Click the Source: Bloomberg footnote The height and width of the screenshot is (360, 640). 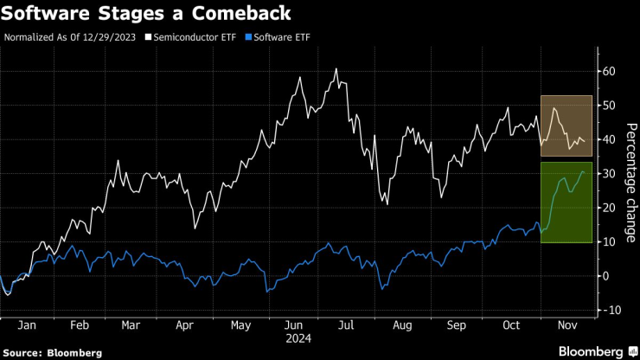pos(53,352)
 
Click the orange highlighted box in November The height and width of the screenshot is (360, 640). pos(566,125)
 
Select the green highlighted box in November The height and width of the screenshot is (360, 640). pos(566,202)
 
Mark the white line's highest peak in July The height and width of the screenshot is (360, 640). pos(336,69)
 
